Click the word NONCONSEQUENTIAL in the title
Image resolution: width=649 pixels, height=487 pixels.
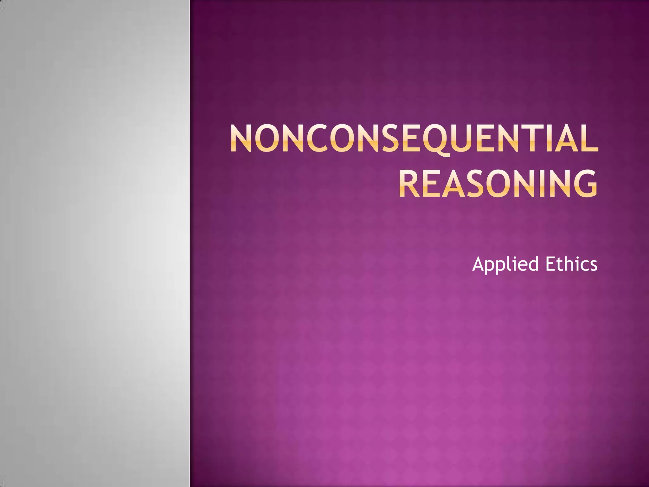[x=414, y=140]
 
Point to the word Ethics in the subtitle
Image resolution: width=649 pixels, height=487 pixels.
[x=572, y=264]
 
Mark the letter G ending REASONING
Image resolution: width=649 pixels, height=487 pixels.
[x=584, y=184]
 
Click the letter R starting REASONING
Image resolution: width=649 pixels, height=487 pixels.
[x=409, y=184]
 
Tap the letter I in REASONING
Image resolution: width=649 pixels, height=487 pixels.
[x=537, y=184]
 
